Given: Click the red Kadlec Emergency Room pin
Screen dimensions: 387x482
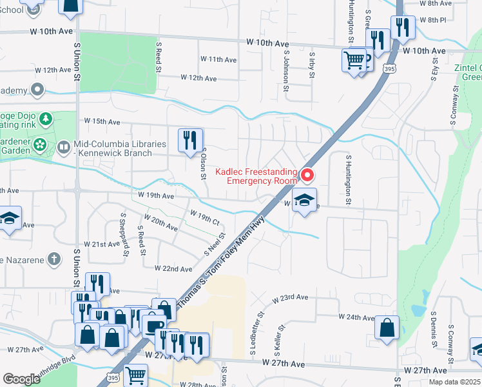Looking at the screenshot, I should click(x=307, y=175).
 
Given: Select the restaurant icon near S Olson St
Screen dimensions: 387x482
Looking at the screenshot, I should click(x=190, y=141).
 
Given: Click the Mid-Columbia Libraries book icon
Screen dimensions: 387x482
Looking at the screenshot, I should click(x=63, y=147).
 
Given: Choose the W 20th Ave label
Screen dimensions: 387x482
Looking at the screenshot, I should click(x=161, y=223).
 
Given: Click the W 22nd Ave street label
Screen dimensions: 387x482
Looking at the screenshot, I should click(x=173, y=268).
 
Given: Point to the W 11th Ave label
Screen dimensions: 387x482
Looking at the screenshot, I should click(x=218, y=59).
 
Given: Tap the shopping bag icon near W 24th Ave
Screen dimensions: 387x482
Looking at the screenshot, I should click(x=387, y=326).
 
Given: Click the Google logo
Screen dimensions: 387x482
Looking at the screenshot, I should click(x=21, y=379).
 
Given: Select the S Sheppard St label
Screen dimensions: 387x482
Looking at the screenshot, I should click(x=124, y=230).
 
